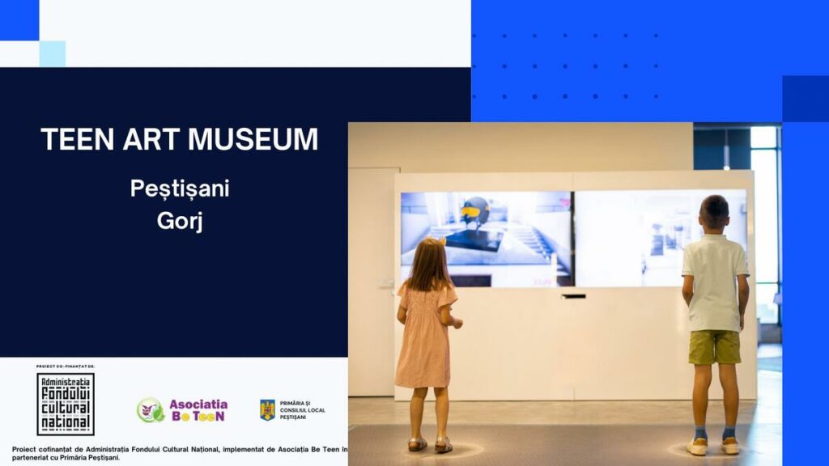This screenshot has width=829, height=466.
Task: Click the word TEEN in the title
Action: pos(77,139)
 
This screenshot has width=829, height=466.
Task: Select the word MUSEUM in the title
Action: pos(253,139)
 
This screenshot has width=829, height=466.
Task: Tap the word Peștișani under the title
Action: pos(180,189)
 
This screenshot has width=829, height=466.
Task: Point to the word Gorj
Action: pos(180,220)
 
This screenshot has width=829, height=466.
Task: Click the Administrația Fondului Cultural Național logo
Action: pos(66,405)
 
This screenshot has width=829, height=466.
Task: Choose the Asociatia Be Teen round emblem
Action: pos(150,410)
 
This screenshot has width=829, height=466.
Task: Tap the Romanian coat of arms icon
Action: pos(267,410)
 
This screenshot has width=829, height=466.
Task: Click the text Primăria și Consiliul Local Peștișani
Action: pos(303,410)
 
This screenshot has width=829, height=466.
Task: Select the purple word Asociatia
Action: pos(198,405)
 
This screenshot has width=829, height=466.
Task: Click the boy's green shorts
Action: pos(715,347)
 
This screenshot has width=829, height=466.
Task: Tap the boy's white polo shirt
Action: pos(715,282)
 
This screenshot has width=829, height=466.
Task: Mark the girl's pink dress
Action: pos(425,334)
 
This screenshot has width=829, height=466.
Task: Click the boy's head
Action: pos(714,214)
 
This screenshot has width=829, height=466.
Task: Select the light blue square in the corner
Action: pos(53,54)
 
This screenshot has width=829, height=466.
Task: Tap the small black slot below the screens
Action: pos(574,296)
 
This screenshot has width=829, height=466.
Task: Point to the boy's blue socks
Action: pos(714,433)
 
